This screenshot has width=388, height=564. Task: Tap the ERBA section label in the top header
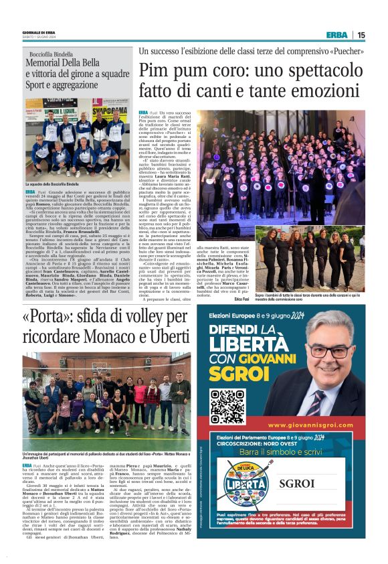click(336, 36)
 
